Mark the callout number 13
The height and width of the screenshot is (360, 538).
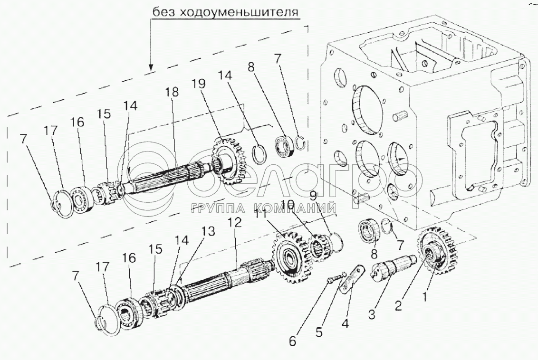tap(208, 231)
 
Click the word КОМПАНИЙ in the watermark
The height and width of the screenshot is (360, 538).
tap(296, 208)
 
